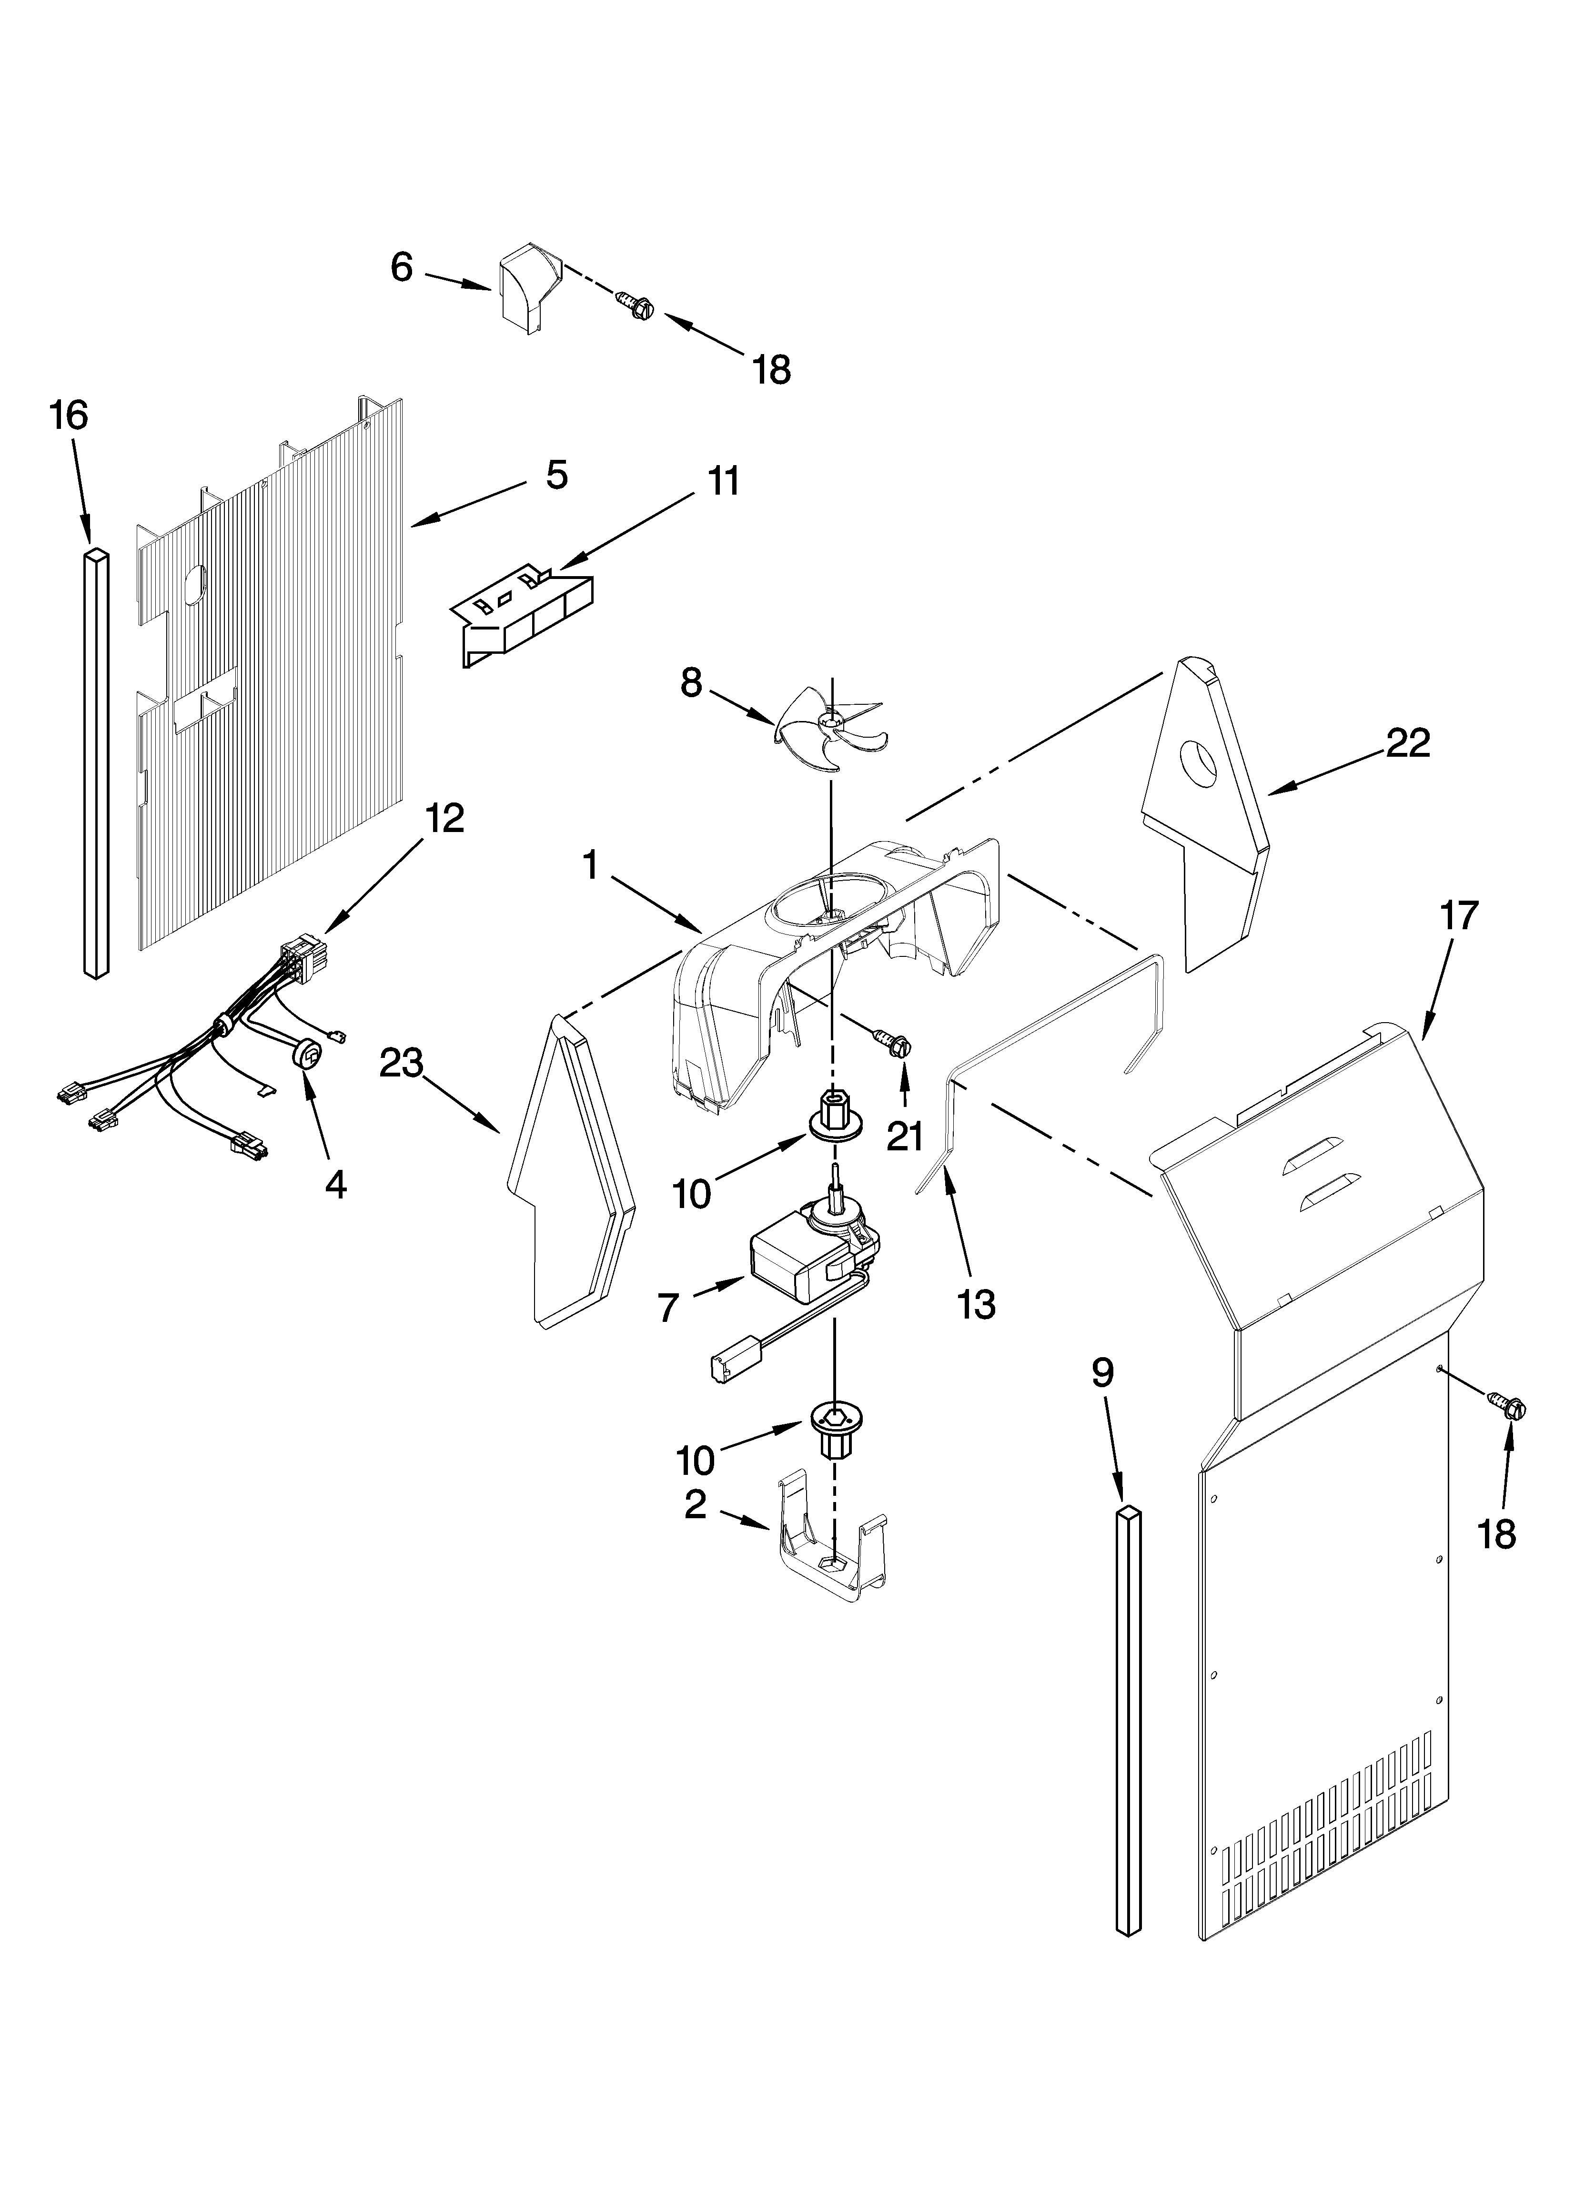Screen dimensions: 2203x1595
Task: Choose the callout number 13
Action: pos(975,1305)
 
